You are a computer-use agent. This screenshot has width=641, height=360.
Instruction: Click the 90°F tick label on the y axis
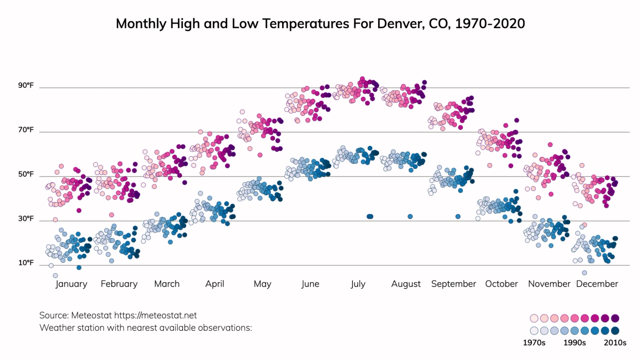tap(26, 85)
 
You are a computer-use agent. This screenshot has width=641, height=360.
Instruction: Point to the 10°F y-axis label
tap(26, 263)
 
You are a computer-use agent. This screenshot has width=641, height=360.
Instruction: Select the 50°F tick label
tap(26, 174)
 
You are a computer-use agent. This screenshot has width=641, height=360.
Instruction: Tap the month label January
tap(71, 284)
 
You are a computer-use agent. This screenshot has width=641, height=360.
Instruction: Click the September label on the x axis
tap(453, 284)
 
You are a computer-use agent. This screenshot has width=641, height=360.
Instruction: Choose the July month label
tap(358, 284)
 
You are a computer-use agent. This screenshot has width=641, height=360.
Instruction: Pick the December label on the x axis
tap(597, 284)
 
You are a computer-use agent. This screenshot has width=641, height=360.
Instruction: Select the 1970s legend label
tap(534, 343)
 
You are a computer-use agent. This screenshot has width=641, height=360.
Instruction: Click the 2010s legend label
tap(615, 343)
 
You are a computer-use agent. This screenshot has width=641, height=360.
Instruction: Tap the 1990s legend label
tap(574, 343)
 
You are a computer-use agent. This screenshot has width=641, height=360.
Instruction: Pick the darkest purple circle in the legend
tap(615, 318)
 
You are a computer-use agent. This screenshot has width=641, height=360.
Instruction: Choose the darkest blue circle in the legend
tap(615, 330)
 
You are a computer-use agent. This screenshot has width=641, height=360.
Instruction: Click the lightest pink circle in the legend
tap(534, 318)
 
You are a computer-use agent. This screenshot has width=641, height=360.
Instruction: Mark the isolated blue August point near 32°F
tap(410, 216)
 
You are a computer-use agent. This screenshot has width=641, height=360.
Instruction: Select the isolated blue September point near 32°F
tap(458, 216)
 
